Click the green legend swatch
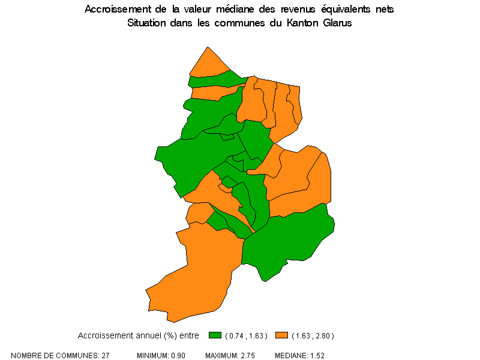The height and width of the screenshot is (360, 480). point(215,335)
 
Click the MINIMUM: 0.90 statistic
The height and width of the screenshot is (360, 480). point(161,356)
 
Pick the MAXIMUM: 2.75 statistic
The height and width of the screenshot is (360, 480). point(230,356)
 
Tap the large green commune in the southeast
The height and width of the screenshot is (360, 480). point(288,240)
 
